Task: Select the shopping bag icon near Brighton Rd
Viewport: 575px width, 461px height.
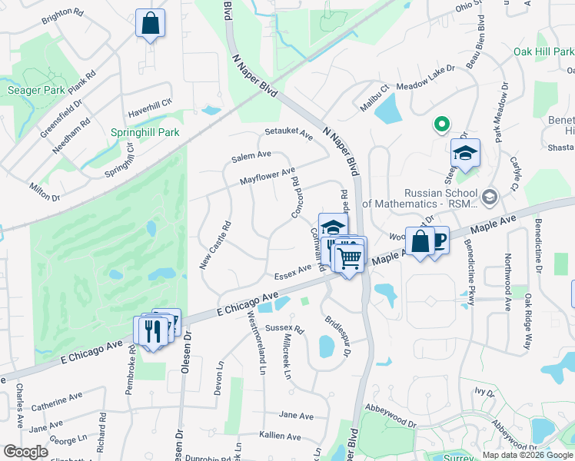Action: [x=150, y=23]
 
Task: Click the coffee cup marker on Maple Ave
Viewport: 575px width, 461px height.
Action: [x=437, y=240]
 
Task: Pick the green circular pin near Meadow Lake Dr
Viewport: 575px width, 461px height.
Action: [x=441, y=124]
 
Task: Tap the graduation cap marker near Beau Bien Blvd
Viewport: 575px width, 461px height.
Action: [x=465, y=153]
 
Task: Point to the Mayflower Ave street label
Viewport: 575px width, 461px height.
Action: [x=267, y=177]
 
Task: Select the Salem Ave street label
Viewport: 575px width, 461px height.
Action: [x=252, y=156]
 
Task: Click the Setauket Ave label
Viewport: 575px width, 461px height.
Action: [x=288, y=134]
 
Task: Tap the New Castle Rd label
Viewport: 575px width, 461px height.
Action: [x=214, y=246]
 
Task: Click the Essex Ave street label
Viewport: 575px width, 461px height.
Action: [x=292, y=270]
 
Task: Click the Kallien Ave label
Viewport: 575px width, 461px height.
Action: [x=281, y=435]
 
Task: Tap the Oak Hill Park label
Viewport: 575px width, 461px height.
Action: [x=543, y=51]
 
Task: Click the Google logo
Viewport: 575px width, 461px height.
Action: [x=25, y=452]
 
